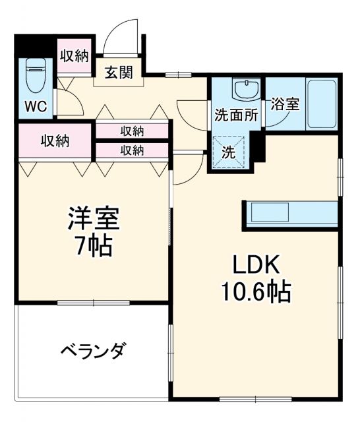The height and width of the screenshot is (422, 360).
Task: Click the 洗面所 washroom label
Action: (x=236, y=114)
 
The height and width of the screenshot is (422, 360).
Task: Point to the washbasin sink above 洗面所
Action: (x=245, y=89)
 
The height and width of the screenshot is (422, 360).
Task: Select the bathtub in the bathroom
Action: (x=322, y=104)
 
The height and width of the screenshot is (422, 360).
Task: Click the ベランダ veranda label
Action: (x=92, y=351)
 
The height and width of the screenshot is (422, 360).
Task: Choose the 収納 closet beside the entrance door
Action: (x=74, y=55)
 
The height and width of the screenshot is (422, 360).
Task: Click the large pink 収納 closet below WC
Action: (x=55, y=140)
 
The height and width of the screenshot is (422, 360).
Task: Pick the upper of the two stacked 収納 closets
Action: (x=132, y=131)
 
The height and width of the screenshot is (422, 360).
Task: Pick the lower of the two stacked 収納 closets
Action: (x=132, y=150)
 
